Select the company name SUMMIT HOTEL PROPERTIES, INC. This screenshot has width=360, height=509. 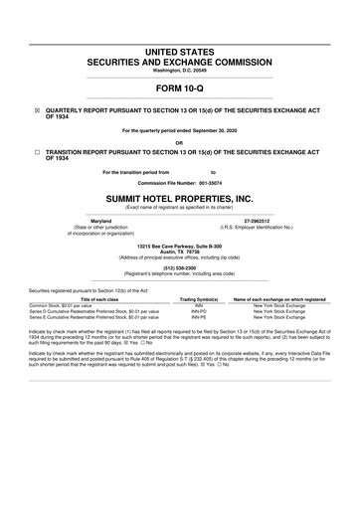[180, 199]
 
